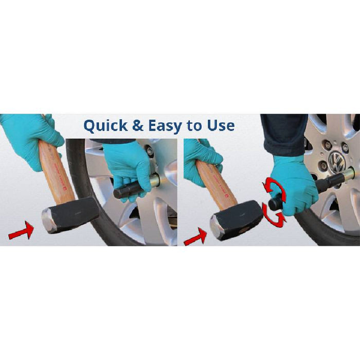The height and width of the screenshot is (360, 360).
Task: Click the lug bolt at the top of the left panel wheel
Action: (150, 151)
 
